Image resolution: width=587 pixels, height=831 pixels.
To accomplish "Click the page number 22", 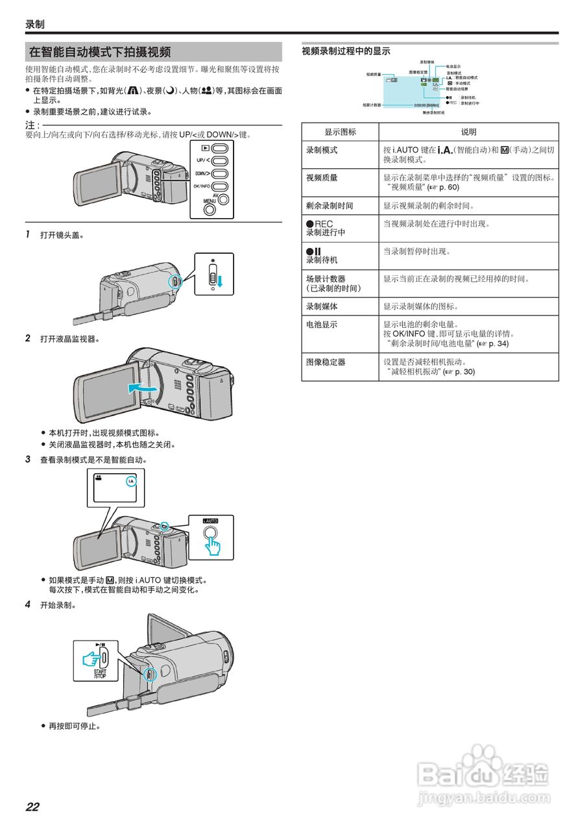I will click(32, 807).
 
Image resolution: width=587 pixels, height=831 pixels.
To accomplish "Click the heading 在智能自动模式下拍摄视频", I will click(101, 53).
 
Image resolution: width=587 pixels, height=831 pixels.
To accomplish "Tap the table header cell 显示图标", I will click(340, 132).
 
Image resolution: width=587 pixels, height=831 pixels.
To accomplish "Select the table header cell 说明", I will click(468, 132).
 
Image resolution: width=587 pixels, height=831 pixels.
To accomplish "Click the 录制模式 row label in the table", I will click(322, 150).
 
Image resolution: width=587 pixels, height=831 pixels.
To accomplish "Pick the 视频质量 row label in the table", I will click(322, 177).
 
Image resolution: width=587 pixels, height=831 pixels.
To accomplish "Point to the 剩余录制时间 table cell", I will click(329, 206).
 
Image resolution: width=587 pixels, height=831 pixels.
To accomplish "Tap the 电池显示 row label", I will click(322, 325).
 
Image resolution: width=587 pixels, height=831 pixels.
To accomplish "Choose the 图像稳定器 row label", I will click(326, 362).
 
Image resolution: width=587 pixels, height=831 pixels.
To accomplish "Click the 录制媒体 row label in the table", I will click(322, 306).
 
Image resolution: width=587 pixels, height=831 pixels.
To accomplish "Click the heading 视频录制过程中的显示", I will click(346, 51).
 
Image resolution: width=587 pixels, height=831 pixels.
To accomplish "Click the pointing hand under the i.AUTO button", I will click(212, 545).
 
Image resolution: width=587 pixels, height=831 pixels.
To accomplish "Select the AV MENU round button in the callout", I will click(224, 199).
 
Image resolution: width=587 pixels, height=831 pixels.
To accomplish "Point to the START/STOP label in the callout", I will click(100, 673).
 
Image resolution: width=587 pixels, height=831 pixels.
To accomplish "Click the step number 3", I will click(28, 459).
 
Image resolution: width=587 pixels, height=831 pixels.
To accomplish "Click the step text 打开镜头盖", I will click(62, 235).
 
